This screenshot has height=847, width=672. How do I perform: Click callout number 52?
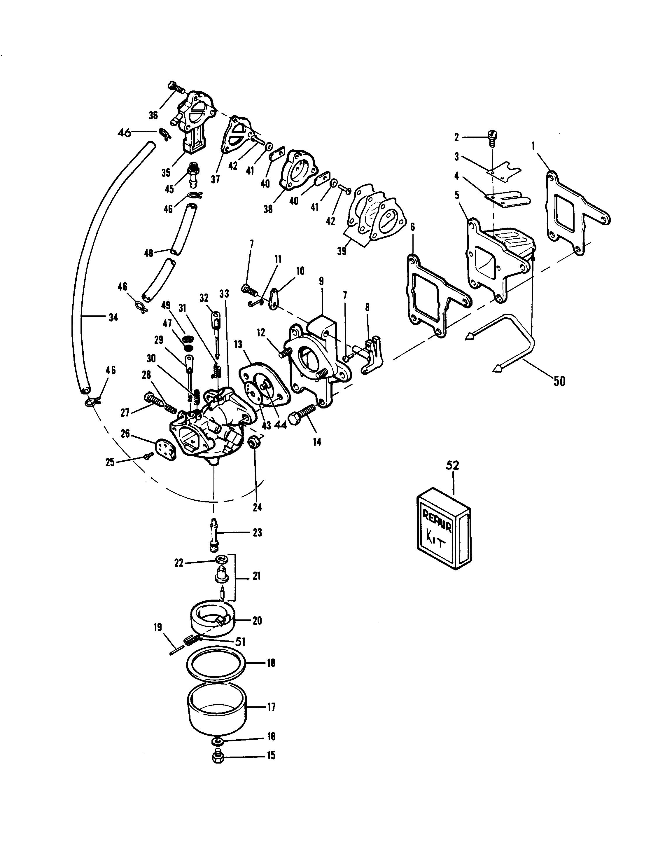[x=452, y=465]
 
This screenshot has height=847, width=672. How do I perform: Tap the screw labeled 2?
[x=492, y=138]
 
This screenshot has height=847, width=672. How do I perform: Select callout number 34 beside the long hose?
[x=113, y=317]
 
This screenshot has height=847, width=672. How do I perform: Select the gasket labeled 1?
[x=577, y=213]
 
